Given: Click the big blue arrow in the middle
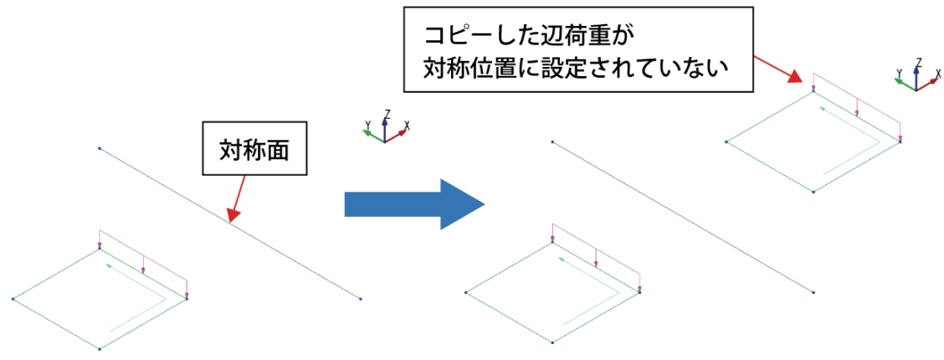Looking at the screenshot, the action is (414, 204).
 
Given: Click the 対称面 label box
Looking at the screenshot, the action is (254, 150).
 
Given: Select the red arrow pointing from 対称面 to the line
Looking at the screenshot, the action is (238, 198).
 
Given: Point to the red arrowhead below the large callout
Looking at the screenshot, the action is (795, 77).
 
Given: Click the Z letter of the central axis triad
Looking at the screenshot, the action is (388, 114).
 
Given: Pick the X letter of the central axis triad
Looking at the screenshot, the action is (408, 126).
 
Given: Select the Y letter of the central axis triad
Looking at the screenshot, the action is (366, 125).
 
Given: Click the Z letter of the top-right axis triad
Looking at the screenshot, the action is (919, 62).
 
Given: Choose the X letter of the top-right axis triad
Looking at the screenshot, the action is (938, 74).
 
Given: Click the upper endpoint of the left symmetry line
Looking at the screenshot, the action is (100, 147).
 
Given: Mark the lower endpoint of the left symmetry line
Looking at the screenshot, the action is (360, 299).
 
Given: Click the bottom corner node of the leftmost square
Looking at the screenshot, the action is (100, 348).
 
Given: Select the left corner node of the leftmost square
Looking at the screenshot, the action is (12, 298).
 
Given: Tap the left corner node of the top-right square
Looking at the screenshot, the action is (726, 142).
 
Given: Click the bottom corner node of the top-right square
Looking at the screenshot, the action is (813, 192).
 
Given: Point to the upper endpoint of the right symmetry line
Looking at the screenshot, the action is (552, 141).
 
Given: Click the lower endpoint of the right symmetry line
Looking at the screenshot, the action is (813, 292).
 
